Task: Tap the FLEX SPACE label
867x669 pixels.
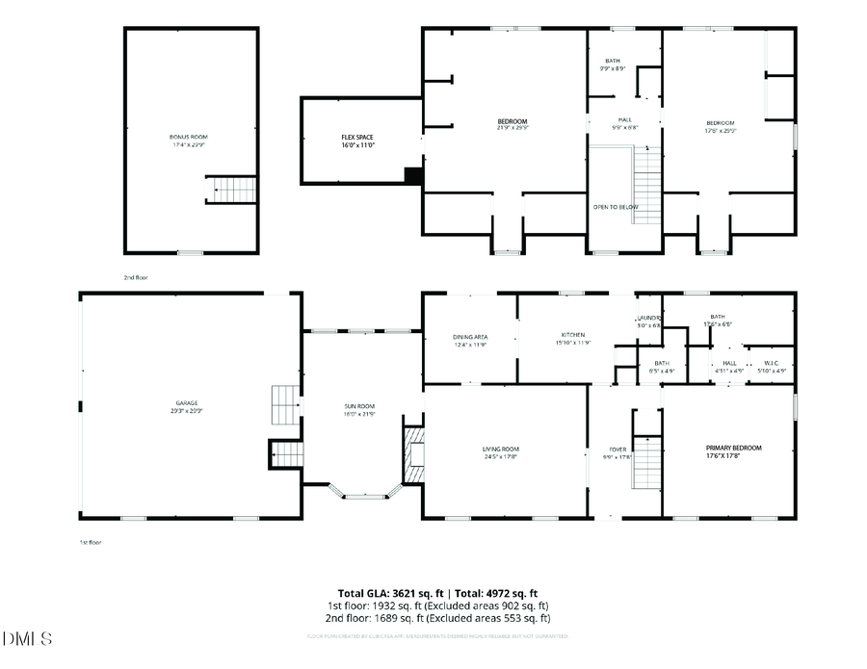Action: pos(356,138)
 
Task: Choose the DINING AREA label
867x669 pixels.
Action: pos(469,337)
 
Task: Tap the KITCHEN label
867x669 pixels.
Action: pos(573,335)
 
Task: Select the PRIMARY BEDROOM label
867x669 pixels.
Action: pos(733,448)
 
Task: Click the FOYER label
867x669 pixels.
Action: pos(617,450)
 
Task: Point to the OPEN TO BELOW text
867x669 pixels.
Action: pos(615,207)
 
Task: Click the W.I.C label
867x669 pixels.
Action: pos(772,363)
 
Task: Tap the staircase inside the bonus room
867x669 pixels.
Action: pos(233,190)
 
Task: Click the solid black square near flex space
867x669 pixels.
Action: pos(413,175)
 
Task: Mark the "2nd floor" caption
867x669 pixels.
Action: pos(136,277)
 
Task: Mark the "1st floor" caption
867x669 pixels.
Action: pos(90,542)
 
